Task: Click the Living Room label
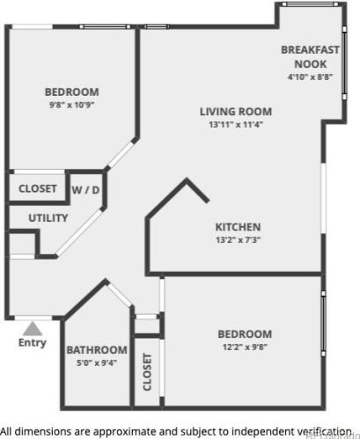[235, 112]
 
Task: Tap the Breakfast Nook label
[310, 57]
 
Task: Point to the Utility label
[48, 217]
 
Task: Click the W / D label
[84, 189]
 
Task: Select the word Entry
[33, 343]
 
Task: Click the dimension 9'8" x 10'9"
[71, 106]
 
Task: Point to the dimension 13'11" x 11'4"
[235, 125]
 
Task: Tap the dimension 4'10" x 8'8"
[310, 77]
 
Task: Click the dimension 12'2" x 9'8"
[244, 348]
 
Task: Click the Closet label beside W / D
[38, 189]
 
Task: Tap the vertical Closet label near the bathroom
[147, 373]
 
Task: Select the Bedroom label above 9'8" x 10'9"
[72, 91]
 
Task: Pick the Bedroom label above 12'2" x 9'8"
[244, 334]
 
